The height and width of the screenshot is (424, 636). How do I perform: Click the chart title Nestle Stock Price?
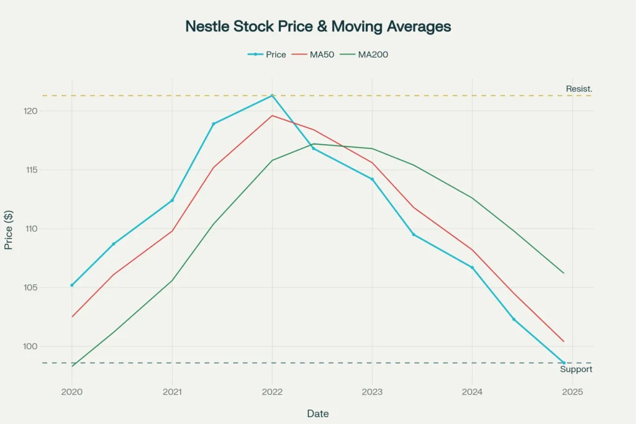tap(318, 27)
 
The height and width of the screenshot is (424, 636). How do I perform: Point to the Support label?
tap(576, 369)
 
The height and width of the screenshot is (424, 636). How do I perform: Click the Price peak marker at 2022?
tap(272, 96)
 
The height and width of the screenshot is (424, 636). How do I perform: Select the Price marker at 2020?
tap(72, 285)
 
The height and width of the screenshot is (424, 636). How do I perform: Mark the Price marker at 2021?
tap(172, 201)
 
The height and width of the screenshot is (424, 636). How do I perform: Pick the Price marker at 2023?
tap(372, 179)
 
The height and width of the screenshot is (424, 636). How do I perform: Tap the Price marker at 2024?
tap(472, 268)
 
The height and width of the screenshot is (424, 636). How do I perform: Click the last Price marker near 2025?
tap(564, 363)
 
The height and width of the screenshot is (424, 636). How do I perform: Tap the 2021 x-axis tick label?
tap(172, 392)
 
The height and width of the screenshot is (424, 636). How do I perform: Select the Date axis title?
tap(318, 413)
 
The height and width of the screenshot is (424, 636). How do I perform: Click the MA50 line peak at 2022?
tap(272, 115)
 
